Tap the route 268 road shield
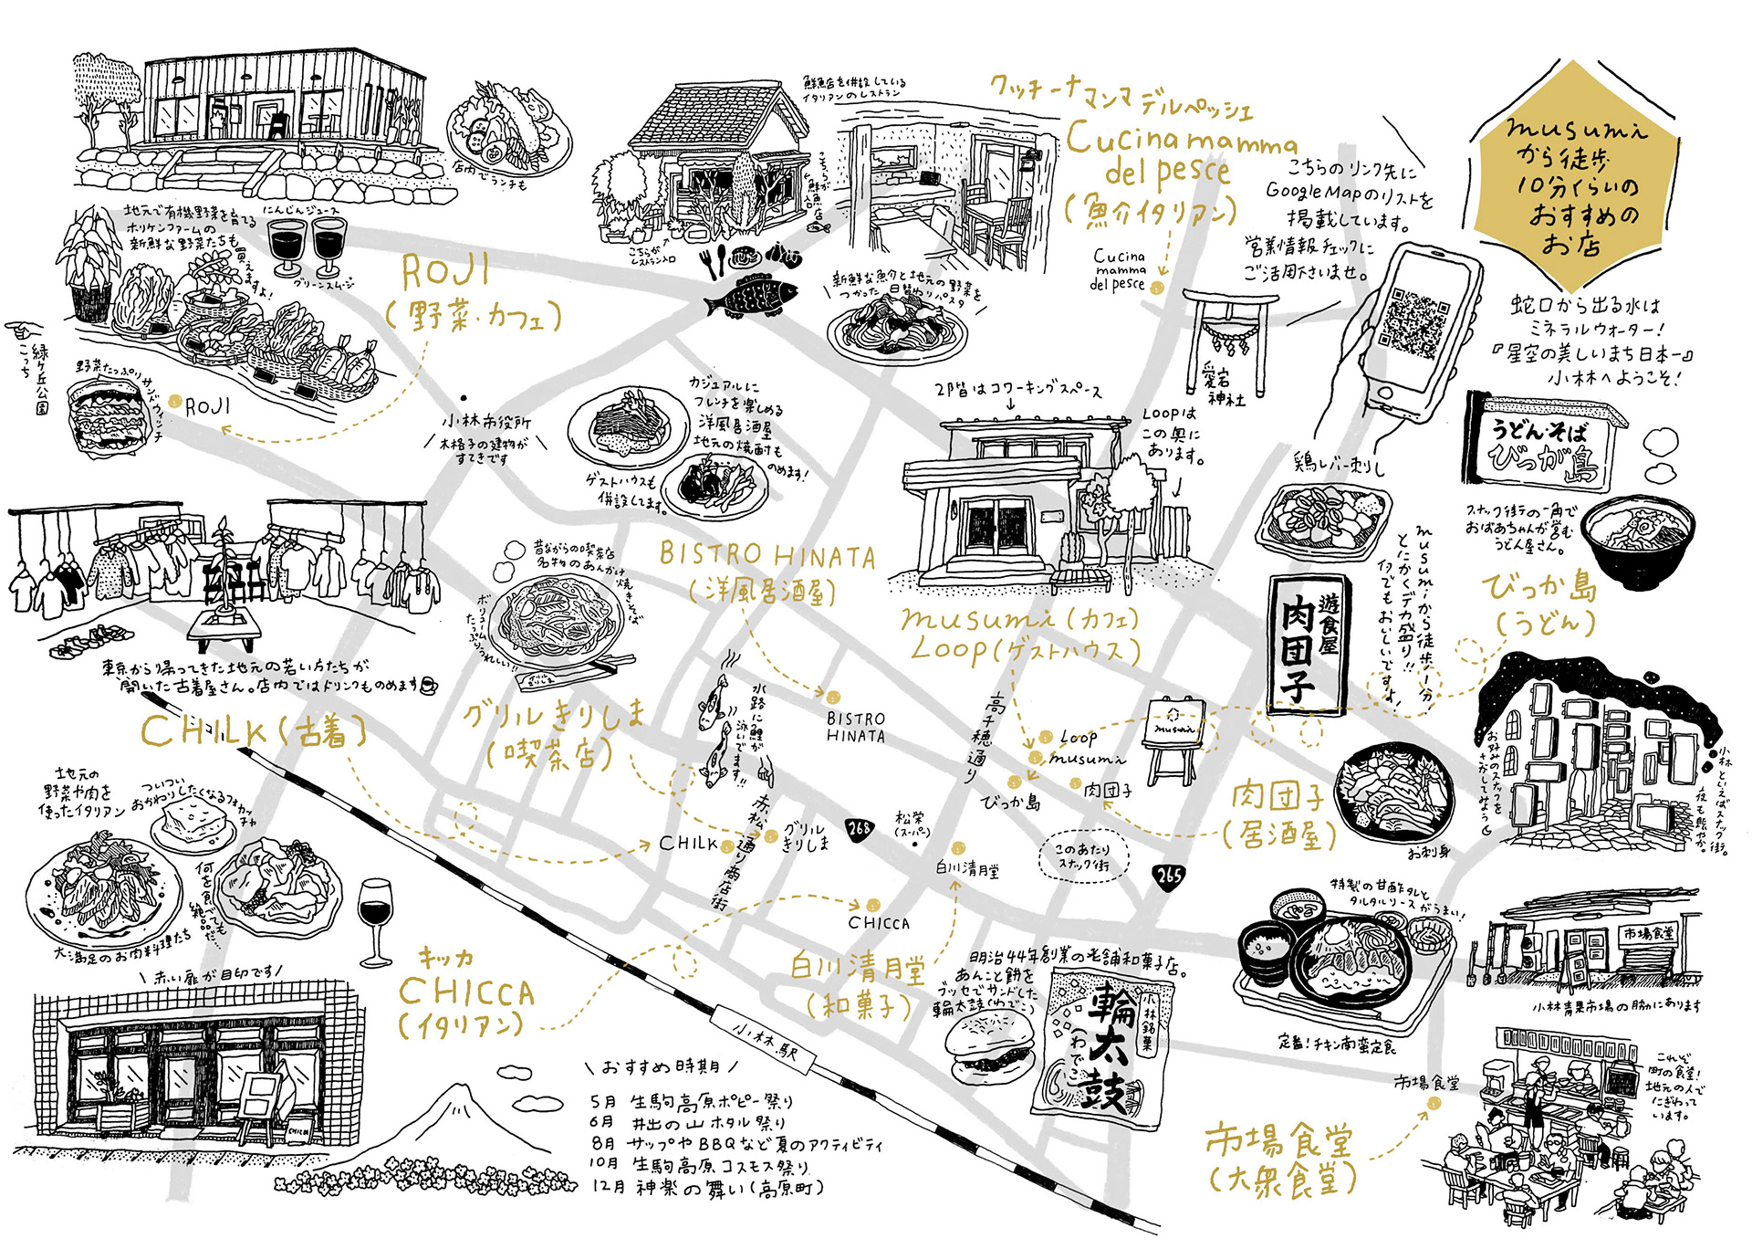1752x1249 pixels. pyautogui.click(x=859, y=829)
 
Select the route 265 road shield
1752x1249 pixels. pyautogui.click(x=1169, y=876)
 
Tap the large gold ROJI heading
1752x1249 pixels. pyautogui.click(x=445, y=271)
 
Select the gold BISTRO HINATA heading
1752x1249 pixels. pyautogui.click(x=766, y=554)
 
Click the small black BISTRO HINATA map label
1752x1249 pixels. pyautogui.click(x=855, y=728)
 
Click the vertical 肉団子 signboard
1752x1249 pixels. pyautogui.click(x=1307, y=644)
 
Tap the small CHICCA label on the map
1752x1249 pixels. pyautogui.click(x=879, y=923)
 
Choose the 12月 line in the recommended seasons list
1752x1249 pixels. pyautogui.click(x=708, y=1187)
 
